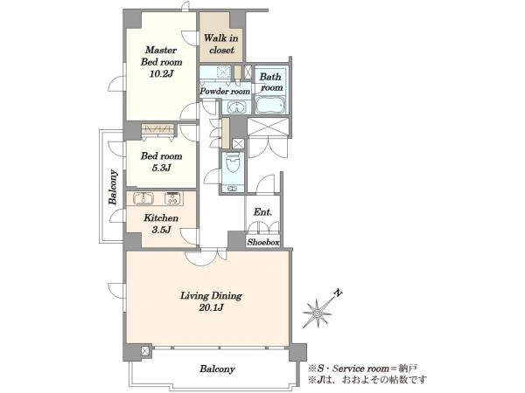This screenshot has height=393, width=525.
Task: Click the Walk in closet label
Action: point(221,45)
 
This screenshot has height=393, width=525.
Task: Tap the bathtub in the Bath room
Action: point(270,106)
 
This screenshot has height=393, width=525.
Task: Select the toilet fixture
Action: point(233,163)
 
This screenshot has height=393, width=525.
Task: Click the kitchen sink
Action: point(143,198)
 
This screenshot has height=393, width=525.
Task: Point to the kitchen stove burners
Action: point(172,198)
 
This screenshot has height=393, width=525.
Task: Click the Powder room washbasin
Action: point(237,107)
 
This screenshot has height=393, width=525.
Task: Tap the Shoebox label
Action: point(263,242)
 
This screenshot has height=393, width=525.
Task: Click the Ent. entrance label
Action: point(262,212)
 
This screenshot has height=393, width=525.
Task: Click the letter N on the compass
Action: point(339,293)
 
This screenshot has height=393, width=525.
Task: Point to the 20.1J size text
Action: point(211,307)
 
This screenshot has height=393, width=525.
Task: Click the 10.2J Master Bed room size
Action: point(161,73)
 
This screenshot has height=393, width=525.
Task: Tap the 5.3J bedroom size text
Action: point(161,168)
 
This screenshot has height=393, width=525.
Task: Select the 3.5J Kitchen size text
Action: point(161,230)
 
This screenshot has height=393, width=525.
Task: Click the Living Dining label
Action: point(211,296)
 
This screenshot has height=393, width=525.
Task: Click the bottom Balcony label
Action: point(217,369)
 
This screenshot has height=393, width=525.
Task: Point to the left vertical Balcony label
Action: point(113,187)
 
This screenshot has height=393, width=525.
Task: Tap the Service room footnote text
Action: point(362,369)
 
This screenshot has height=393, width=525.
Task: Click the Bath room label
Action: point(271,82)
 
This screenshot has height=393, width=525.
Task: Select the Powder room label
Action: point(225,91)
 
